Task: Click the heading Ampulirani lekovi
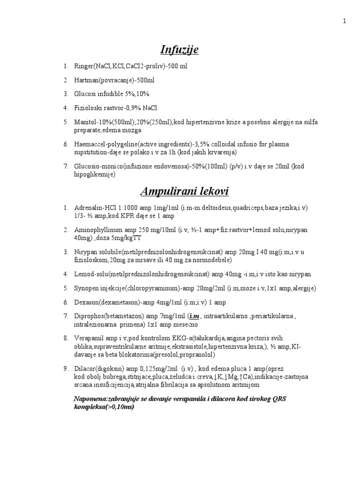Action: coord(180,191)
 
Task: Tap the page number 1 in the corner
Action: coord(345,21)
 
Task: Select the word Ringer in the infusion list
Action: coord(83,67)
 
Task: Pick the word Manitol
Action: coord(84,122)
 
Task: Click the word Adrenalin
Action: coord(88,208)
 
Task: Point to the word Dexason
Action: coord(86,302)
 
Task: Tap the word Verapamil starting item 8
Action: coord(88,338)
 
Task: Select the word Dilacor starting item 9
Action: coord(84,368)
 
